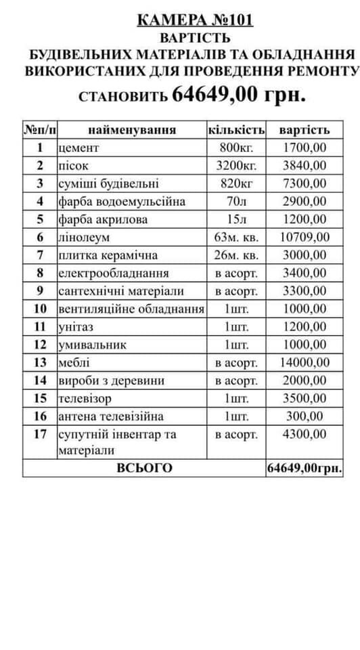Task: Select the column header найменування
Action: [x=131, y=129]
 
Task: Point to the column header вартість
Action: [x=305, y=129]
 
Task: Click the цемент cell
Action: [x=79, y=148]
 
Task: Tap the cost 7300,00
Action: [x=305, y=183]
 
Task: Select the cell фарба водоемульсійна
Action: [x=122, y=201]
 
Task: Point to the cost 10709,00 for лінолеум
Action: [x=305, y=237]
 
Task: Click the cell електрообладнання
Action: [x=114, y=273]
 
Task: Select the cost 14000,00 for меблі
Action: [x=305, y=362]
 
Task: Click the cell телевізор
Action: [x=85, y=398]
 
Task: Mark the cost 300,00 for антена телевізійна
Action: [x=305, y=416]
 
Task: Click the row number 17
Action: [x=40, y=434]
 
